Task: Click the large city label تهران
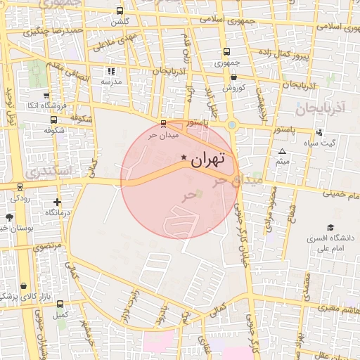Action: coord(208,159)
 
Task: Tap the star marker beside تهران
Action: coord(184,157)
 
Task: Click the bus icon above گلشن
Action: coord(120,11)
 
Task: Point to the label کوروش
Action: coord(233,88)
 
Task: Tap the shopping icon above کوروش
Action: coord(233,77)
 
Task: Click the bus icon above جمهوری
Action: coord(226,52)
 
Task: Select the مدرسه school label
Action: coord(111,82)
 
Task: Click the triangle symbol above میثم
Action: coord(282,152)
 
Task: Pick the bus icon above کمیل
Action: coord(60,304)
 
